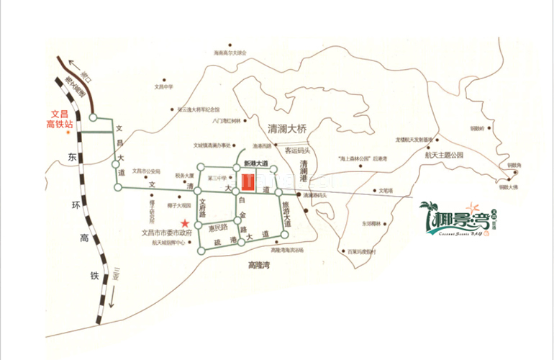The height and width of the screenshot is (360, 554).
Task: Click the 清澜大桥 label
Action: click(x=287, y=129)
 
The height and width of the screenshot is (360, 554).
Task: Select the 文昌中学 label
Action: click(x=164, y=86)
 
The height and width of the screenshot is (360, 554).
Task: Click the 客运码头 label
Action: click(x=297, y=150)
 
